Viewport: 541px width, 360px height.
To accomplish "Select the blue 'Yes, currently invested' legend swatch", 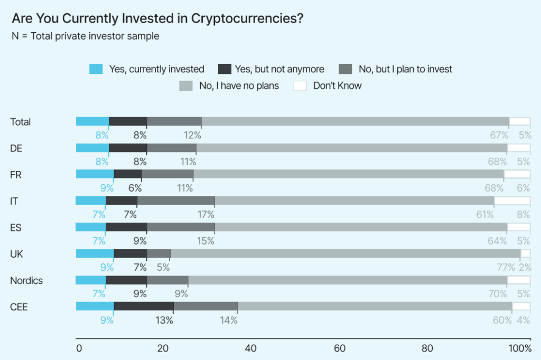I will click(96, 69).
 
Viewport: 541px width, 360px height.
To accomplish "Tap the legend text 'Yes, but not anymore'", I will click(279, 69).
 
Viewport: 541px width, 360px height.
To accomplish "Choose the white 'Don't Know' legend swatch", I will click(300, 86).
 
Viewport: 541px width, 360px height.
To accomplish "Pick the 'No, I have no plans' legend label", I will click(239, 86).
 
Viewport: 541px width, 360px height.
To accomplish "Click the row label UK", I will click(16, 254).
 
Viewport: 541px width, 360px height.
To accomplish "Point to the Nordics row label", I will click(26, 280).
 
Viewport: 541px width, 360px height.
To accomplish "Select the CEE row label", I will click(19, 307).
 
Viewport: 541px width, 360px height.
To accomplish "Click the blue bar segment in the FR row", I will click(95, 174).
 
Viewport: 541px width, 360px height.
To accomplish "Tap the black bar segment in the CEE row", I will click(143, 306).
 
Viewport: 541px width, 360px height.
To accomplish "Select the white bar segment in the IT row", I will click(512, 201).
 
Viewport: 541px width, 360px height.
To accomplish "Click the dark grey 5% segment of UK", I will click(158, 253).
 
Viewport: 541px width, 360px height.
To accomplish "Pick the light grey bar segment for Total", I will click(355, 121).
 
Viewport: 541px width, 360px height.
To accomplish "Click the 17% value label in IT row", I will click(206, 214).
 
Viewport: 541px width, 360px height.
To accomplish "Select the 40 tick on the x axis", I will click(251, 348).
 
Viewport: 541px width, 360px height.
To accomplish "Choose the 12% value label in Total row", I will click(193, 135).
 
